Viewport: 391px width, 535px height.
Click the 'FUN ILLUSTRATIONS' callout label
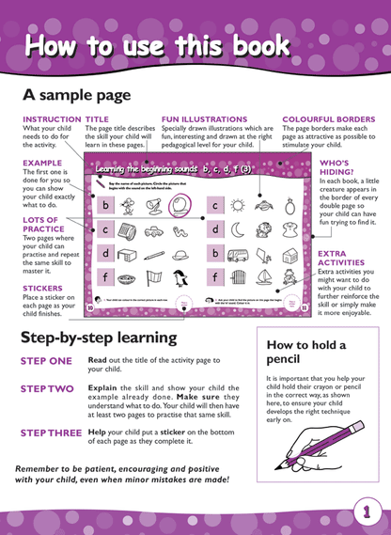(204, 119)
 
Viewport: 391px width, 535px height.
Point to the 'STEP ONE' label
(47, 360)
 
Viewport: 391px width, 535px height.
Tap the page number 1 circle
(364, 512)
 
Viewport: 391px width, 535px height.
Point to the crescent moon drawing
(238, 228)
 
